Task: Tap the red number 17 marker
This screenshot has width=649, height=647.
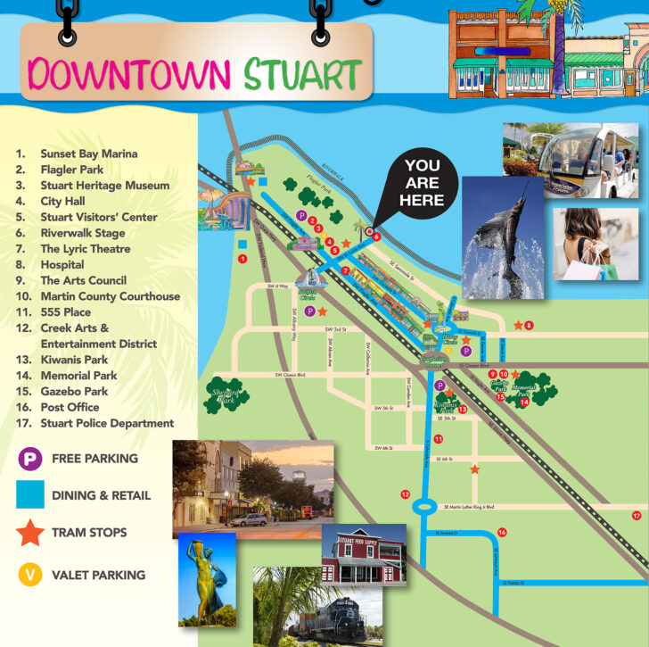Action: click(636, 516)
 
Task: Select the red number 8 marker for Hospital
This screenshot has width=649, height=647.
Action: click(529, 326)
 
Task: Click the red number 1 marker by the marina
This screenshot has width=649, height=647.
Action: click(242, 259)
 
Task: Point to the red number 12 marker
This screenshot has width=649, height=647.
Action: click(405, 494)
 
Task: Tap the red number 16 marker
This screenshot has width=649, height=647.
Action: click(502, 533)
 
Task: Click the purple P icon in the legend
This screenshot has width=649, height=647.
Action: click(30, 459)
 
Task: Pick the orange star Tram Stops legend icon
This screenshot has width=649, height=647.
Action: click(30, 533)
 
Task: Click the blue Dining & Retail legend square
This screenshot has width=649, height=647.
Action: click(30, 495)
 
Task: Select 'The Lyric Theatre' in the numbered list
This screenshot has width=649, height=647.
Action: click(85, 249)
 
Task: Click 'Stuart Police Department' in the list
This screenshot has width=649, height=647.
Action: click(107, 423)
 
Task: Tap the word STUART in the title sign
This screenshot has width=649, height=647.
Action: click(303, 75)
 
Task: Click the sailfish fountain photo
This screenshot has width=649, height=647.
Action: click(502, 236)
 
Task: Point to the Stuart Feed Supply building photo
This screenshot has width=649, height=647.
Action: click(363, 556)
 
